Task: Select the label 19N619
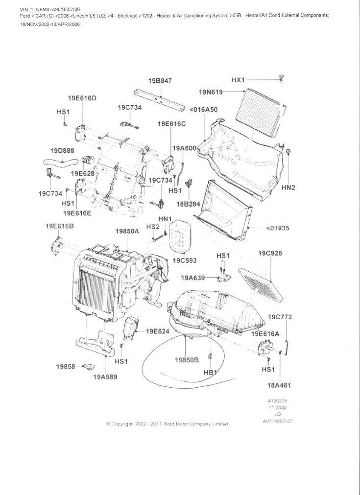tap(211, 92)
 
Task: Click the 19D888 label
tap(62, 150)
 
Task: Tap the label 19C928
tap(270, 253)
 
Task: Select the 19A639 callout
tap(193, 278)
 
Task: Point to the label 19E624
tap(157, 331)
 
